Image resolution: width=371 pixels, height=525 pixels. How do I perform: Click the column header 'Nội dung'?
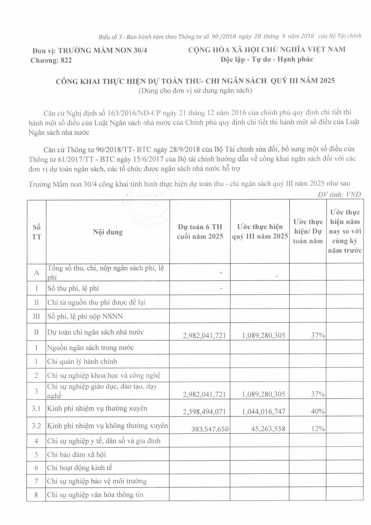(108, 232)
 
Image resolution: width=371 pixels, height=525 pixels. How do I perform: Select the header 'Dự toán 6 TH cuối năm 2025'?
(199, 231)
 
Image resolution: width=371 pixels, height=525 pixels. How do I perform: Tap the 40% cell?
(318, 412)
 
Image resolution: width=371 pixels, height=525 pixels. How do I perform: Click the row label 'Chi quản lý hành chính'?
(82, 361)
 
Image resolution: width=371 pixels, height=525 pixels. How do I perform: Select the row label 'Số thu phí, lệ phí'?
(76, 288)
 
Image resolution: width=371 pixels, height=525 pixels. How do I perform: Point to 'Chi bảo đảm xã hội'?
(77, 454)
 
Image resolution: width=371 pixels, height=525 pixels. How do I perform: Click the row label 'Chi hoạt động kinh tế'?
(80, 468)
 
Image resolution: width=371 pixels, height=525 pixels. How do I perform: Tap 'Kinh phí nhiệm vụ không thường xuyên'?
(108, 425)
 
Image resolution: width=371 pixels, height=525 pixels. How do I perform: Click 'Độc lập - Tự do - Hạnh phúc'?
(267, 59)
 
